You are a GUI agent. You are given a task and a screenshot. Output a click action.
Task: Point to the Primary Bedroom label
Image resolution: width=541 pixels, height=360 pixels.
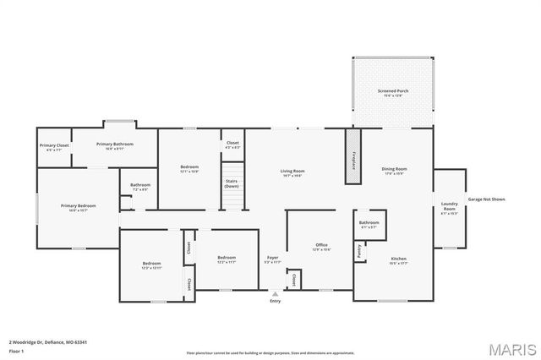(78, 207)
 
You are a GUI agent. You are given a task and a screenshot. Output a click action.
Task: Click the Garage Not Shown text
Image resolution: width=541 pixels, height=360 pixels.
(486, 199)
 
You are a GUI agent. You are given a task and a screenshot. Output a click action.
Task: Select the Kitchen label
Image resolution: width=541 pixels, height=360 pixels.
(398, 260)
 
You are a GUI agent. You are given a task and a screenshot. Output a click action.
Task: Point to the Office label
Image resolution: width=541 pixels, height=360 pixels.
(321, 247)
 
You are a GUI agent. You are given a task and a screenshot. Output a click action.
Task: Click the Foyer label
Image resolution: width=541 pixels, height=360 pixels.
(272, 259)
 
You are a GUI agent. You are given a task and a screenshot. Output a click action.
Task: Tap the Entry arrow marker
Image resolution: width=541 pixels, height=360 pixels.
(274, 294)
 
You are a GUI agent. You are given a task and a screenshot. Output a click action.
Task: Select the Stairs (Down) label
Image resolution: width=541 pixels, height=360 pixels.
(232, 183)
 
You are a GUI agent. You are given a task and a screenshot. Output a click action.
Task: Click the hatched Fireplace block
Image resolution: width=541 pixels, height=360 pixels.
(352, 155)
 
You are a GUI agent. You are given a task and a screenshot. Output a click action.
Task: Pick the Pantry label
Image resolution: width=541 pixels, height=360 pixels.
(359, 251)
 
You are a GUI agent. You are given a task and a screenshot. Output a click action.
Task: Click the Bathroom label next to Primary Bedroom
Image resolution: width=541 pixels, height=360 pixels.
(140, 187)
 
